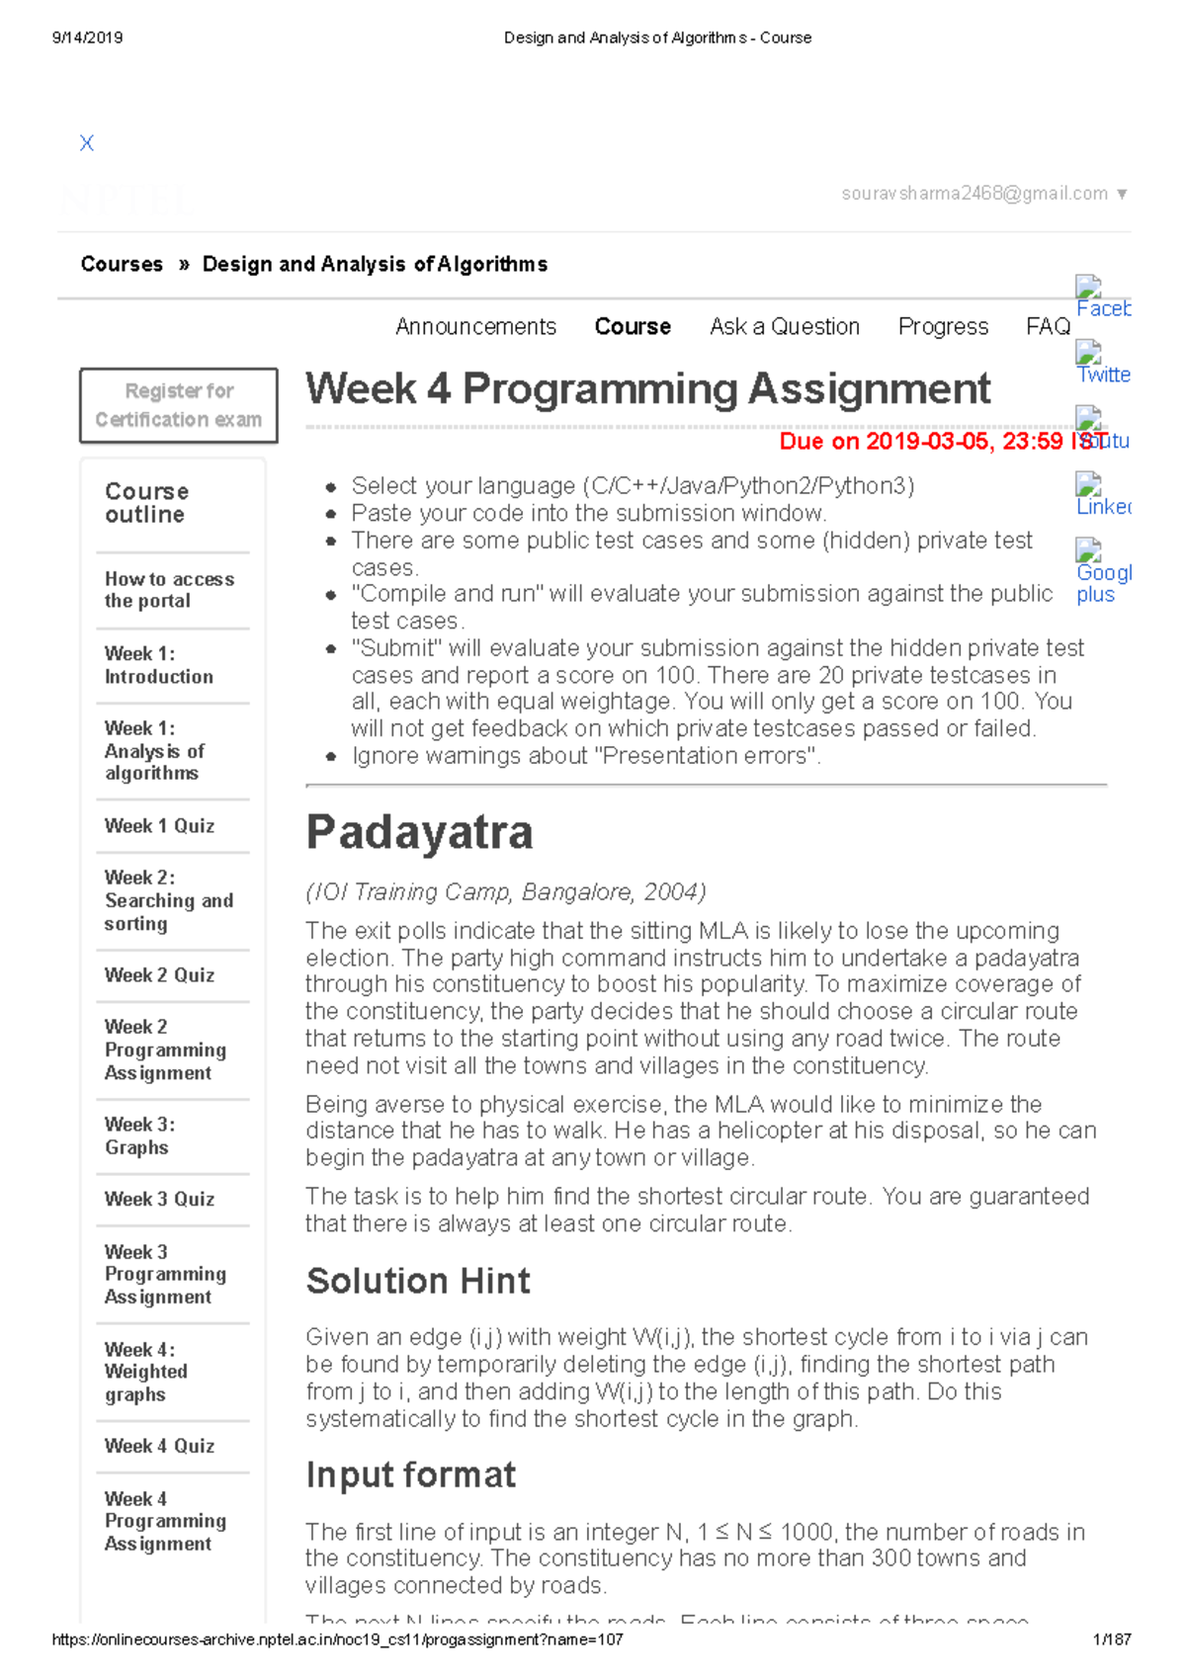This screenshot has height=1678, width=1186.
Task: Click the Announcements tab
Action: click(x=475, y=327)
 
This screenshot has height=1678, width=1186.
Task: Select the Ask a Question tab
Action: click(x=784, y=327)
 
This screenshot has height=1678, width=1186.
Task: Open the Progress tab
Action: click(x=942, y=327)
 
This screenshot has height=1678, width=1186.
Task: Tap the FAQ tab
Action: click(x=1048, y=327)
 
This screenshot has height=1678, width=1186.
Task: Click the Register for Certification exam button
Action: click(x=179, y=405)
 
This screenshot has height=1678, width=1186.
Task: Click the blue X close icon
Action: click(x=87, y=143)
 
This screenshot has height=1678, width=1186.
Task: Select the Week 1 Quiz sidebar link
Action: click(x=159, y=826)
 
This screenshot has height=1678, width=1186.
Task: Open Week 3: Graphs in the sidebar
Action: click(x=139, y=1136)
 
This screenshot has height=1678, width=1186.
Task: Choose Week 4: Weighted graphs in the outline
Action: click(x=145, y=1372)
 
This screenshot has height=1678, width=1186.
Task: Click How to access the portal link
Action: click(x=169, y=590)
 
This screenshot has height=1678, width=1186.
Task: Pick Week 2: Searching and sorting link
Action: click(x=168, y=900)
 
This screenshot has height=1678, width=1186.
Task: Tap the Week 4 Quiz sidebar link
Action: click(x=159, y=1446)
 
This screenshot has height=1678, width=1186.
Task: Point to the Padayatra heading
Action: click(x=419, y=832)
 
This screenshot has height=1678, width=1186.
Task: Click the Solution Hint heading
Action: click(x=418, y=1281)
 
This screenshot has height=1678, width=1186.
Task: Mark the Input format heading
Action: click(x=410, y=1474)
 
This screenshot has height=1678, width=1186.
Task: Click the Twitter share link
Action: click(x=1103, y=375)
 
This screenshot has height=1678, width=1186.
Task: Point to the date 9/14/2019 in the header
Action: click(x=87, y=38)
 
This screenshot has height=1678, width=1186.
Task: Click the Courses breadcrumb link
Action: click(x=122, y=265)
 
